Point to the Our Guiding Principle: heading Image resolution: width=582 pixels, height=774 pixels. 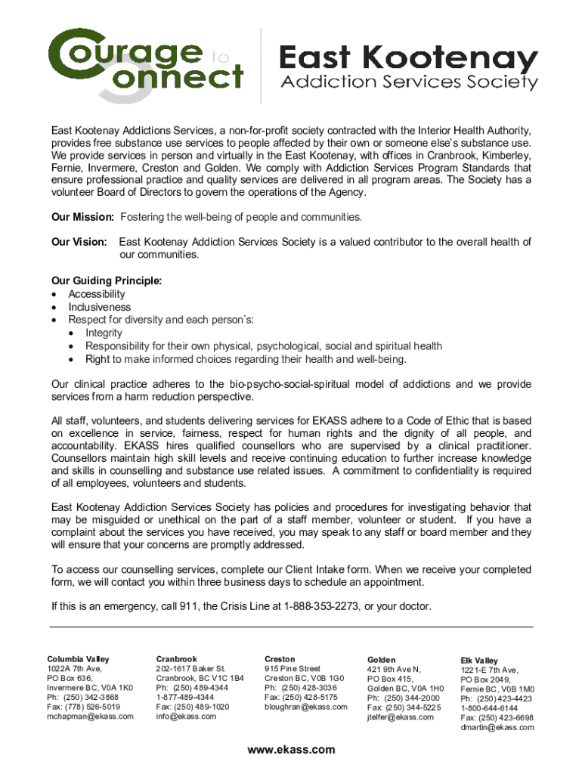107,280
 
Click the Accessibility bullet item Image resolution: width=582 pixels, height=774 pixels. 97,294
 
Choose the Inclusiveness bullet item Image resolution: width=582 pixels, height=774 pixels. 99,308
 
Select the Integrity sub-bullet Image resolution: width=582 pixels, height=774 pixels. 104,333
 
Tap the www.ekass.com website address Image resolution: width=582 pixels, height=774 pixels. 291,750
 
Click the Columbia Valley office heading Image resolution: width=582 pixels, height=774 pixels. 78,659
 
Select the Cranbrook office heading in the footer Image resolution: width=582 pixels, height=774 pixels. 176,659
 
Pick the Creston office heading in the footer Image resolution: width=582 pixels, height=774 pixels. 280,659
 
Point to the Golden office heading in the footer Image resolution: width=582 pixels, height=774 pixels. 381,660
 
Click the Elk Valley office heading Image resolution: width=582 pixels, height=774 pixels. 479,661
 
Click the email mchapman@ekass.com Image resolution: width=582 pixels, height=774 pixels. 90,716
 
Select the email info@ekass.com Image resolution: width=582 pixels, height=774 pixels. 186,716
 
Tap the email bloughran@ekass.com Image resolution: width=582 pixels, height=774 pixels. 305,707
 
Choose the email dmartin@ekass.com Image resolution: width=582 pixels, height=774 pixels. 497,727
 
